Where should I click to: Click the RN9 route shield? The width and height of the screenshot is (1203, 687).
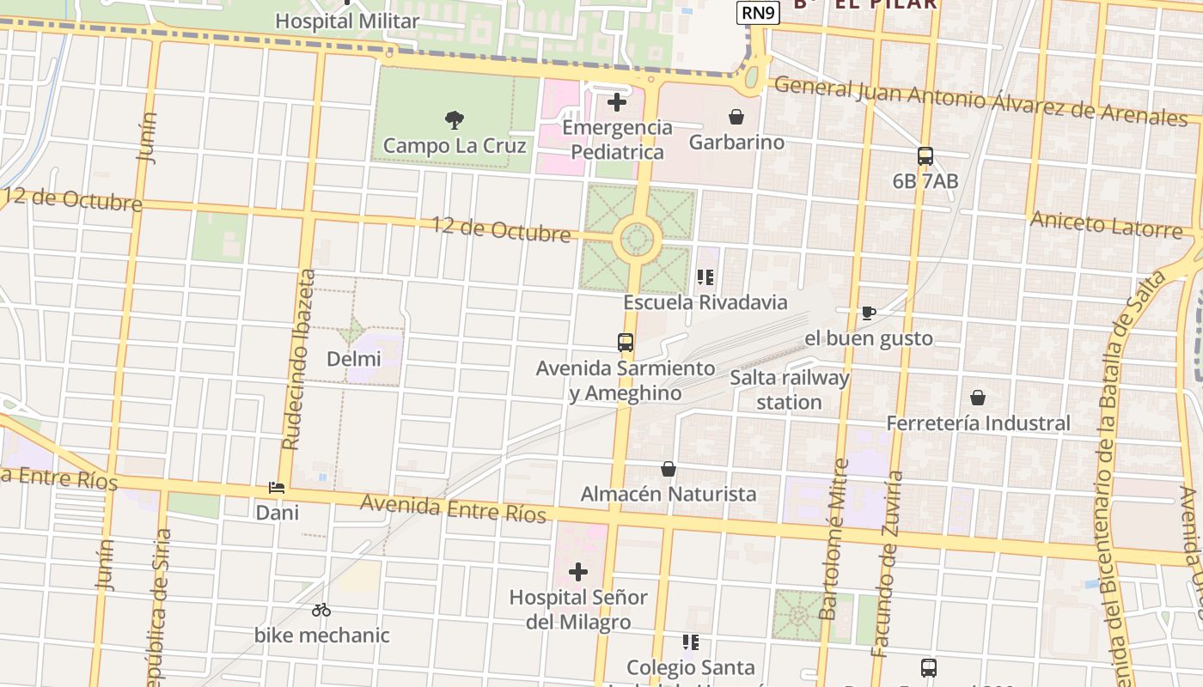click(x=759, y=13)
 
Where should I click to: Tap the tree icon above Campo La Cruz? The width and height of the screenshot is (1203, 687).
click(x=455, y=119)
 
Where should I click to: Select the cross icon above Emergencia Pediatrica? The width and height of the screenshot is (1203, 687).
click(x=616, y=103)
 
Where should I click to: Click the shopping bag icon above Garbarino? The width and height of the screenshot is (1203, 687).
click(x=736, y=117)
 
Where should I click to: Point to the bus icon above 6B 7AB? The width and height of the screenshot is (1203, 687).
click(x=925, y=156)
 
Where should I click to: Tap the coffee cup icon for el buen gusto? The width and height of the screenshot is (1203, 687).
click(x=868, y=313)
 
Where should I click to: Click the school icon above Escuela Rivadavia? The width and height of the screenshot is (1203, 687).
click(x=705, y=277)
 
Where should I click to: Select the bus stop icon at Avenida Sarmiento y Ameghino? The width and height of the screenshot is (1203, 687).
click(x=626, y=343)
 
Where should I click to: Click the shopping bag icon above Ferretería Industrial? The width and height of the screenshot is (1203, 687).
click(x=977, y=398)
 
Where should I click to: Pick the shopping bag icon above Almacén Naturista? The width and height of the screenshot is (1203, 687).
click(x=669, y=469)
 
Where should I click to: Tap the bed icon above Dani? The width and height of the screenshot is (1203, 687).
click(x=277, y=488)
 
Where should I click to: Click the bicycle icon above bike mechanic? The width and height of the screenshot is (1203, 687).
click(x=321, y=610)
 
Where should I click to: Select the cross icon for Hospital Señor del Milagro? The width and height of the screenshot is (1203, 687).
click(x=578, y=571)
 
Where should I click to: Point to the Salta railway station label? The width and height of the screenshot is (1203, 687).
click(x=789, y=390)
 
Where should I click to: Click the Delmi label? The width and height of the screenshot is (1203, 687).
click(x=354, y=358)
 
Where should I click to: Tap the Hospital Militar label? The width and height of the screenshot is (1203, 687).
click(x=347, y=21)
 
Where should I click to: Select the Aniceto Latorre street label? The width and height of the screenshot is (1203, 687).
click(x=1106, y=224)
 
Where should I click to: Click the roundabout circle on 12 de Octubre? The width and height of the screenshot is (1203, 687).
click(x=637, y=240)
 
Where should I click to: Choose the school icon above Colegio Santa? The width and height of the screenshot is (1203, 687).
click(x=690, y=641)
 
